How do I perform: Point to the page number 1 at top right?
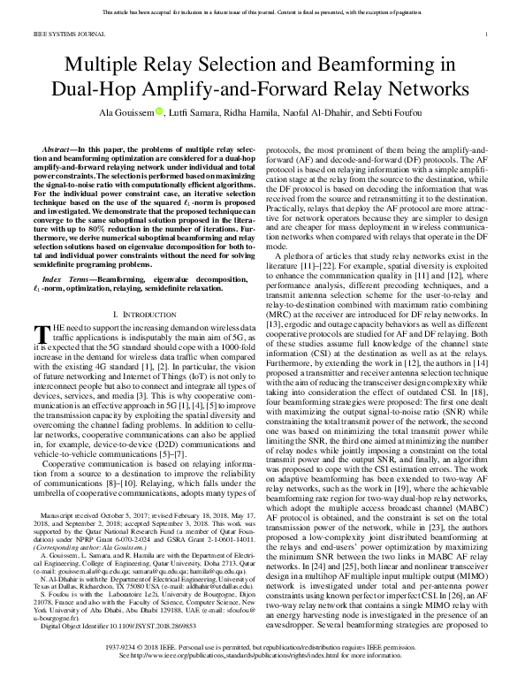[x=487, y=34]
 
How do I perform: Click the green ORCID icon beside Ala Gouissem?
[x=185, y=110]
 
